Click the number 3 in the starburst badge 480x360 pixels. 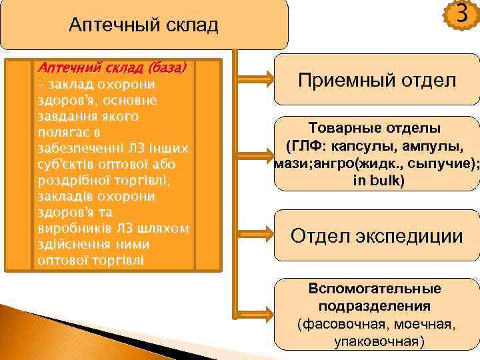461,14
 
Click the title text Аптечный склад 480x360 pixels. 143,26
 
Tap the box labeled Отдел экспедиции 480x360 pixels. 377,235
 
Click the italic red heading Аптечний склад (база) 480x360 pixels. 112,68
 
